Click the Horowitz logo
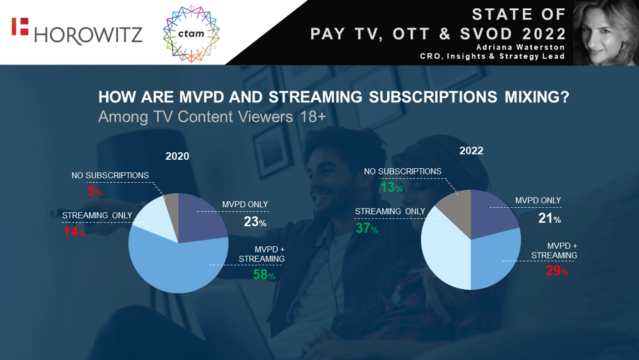coord(77,32)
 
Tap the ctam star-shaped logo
coord(192,33)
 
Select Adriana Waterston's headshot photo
coord(607,33)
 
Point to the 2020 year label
coord(178,156)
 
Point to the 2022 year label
coord(471,152)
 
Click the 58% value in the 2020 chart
coord(263,276)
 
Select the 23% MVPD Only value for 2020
coord(254,222)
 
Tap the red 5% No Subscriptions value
coord(95,191)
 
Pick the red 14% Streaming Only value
coord(74,233)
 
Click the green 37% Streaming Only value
coord(367,228)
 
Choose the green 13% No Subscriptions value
coord(391,188)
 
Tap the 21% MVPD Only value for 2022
coord(548,219)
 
